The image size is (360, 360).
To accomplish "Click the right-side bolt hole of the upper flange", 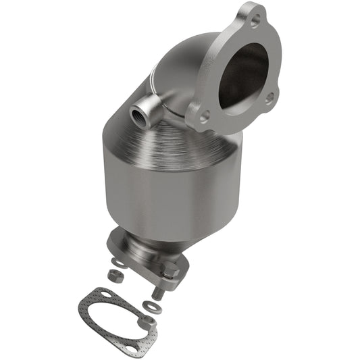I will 269,99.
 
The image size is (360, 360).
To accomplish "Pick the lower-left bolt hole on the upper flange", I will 205,115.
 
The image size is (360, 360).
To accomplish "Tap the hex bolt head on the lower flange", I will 170,271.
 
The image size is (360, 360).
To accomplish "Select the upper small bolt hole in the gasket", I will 106,293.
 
